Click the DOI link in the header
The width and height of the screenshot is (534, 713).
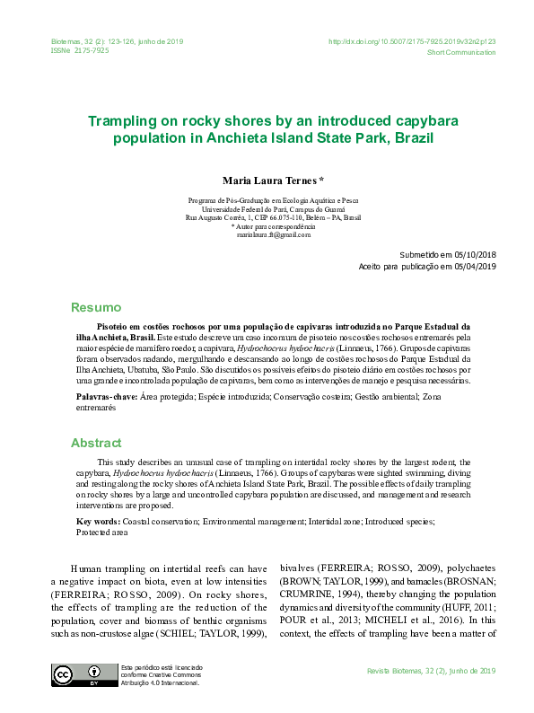tap(412, 41)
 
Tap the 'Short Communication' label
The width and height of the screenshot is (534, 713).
tap(461, 53)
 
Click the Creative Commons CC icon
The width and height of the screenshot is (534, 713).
tap(64, 674)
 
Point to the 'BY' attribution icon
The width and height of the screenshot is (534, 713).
tap(93, 674)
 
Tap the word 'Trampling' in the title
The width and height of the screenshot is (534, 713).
tap(126, 119)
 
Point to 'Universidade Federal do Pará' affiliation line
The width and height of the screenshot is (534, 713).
tap(273, 208)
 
